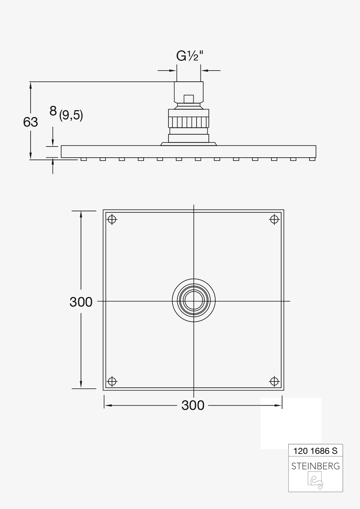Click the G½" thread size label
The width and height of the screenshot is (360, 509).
190,56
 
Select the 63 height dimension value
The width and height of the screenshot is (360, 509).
31,122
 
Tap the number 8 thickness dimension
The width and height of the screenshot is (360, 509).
53,111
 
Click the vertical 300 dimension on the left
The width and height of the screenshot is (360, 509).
81,302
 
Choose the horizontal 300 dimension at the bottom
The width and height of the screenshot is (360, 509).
193,405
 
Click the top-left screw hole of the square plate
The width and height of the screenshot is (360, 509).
113,219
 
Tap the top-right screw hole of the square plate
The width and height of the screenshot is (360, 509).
274,219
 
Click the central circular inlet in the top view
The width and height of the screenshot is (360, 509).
194,301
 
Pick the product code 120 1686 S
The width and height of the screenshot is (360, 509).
315,450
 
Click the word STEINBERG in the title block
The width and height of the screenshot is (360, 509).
315,466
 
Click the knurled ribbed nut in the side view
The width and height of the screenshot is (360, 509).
189,122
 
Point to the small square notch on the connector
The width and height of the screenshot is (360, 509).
189,99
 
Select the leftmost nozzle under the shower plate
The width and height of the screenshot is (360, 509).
84,159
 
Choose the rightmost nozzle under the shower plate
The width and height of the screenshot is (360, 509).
312,159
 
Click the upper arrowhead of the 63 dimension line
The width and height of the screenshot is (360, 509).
31,85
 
